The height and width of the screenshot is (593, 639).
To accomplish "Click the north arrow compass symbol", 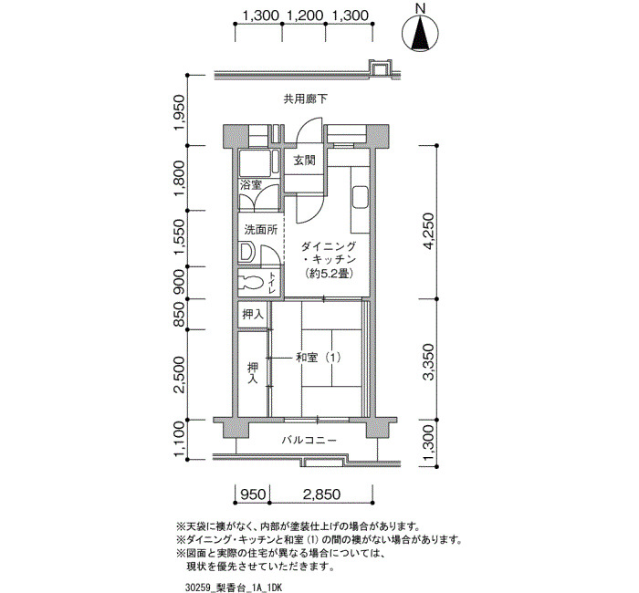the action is tap(420, 34).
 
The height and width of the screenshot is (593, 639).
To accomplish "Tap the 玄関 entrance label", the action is tap(304, 161).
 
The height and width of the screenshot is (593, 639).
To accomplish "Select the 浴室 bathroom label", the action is tap(250, 185).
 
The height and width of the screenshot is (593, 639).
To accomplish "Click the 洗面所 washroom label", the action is tap(261, 230).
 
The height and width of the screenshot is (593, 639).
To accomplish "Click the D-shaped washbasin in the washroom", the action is tap(247, 253).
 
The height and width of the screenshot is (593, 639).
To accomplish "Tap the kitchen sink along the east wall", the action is tap(360, 198).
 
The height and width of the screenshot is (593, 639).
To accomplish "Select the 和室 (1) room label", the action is tap(318, 358).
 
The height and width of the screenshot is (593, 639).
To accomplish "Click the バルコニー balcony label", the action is tap(309, 441).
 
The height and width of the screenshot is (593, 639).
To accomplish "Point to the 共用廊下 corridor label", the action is tap(306, 99).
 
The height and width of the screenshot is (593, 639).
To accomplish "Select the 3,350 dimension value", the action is tap(429, 362).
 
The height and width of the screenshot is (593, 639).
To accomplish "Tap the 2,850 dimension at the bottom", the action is tap(321, 494).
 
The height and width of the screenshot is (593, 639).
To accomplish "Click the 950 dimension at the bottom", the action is tap(253, 494).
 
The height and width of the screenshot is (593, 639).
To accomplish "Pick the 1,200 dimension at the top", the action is tap(305, 16).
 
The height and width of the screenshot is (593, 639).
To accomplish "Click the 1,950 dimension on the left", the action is tap(181, 113).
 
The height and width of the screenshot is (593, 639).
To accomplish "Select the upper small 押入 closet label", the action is tap(253, 314).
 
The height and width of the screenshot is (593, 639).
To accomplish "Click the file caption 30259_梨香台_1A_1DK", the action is tap(233, 588).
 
